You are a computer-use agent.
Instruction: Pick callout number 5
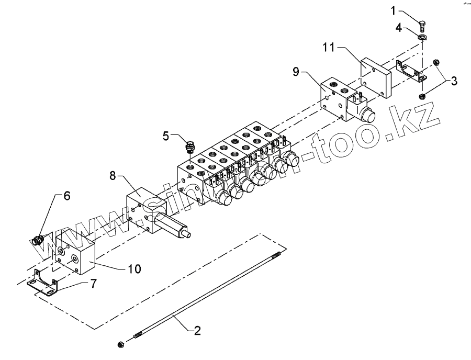pos(166,136)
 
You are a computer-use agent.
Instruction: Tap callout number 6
pos(66,196)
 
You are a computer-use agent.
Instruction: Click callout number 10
pos(134,269)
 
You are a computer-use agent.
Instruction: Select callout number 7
pos(94,284)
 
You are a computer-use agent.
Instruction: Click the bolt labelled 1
pos(422,22)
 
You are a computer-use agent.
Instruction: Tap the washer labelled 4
pos(422,37)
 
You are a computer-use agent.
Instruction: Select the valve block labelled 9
pos(335,97)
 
